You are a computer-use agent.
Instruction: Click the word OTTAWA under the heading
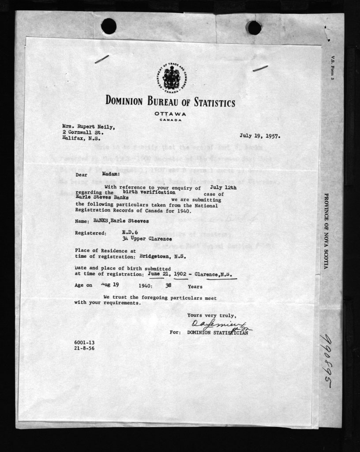click(x=170, y=114)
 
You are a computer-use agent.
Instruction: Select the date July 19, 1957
click(x=260, y=136)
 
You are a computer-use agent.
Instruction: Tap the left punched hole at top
click(x=109, y=26)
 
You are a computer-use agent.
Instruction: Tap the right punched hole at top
click(x=254, y=28)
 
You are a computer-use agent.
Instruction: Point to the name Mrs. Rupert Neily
click(x=88, y=126)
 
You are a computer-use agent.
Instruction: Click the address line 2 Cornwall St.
click(x=82, y=132)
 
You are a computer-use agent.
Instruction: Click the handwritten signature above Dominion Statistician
click(x=218, y=326)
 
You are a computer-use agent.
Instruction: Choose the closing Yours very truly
click(x=211, y=315)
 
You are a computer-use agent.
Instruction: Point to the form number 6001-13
click(x=84, y=343)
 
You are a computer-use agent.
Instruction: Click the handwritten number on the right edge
click(x=326, y=361)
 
